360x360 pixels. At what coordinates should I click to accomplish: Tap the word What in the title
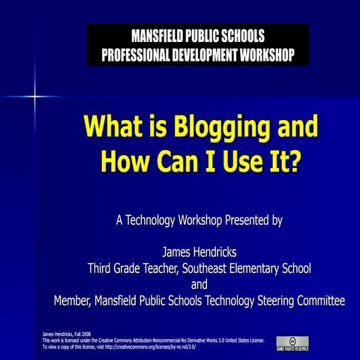tap(113, 125)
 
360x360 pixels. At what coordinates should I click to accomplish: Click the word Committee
tap(319, 301)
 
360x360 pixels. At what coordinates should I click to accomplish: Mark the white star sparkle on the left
tap(34, 96)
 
